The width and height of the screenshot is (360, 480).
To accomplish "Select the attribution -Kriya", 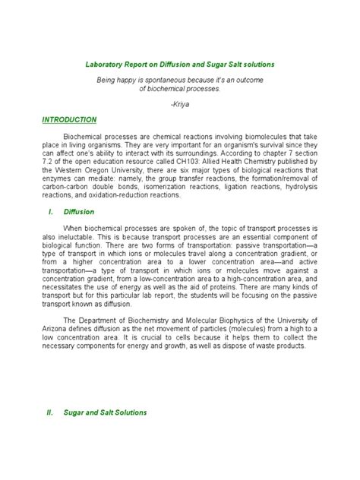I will [x=180, y=103].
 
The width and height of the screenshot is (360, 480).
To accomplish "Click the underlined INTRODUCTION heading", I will [x=69, y=120].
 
